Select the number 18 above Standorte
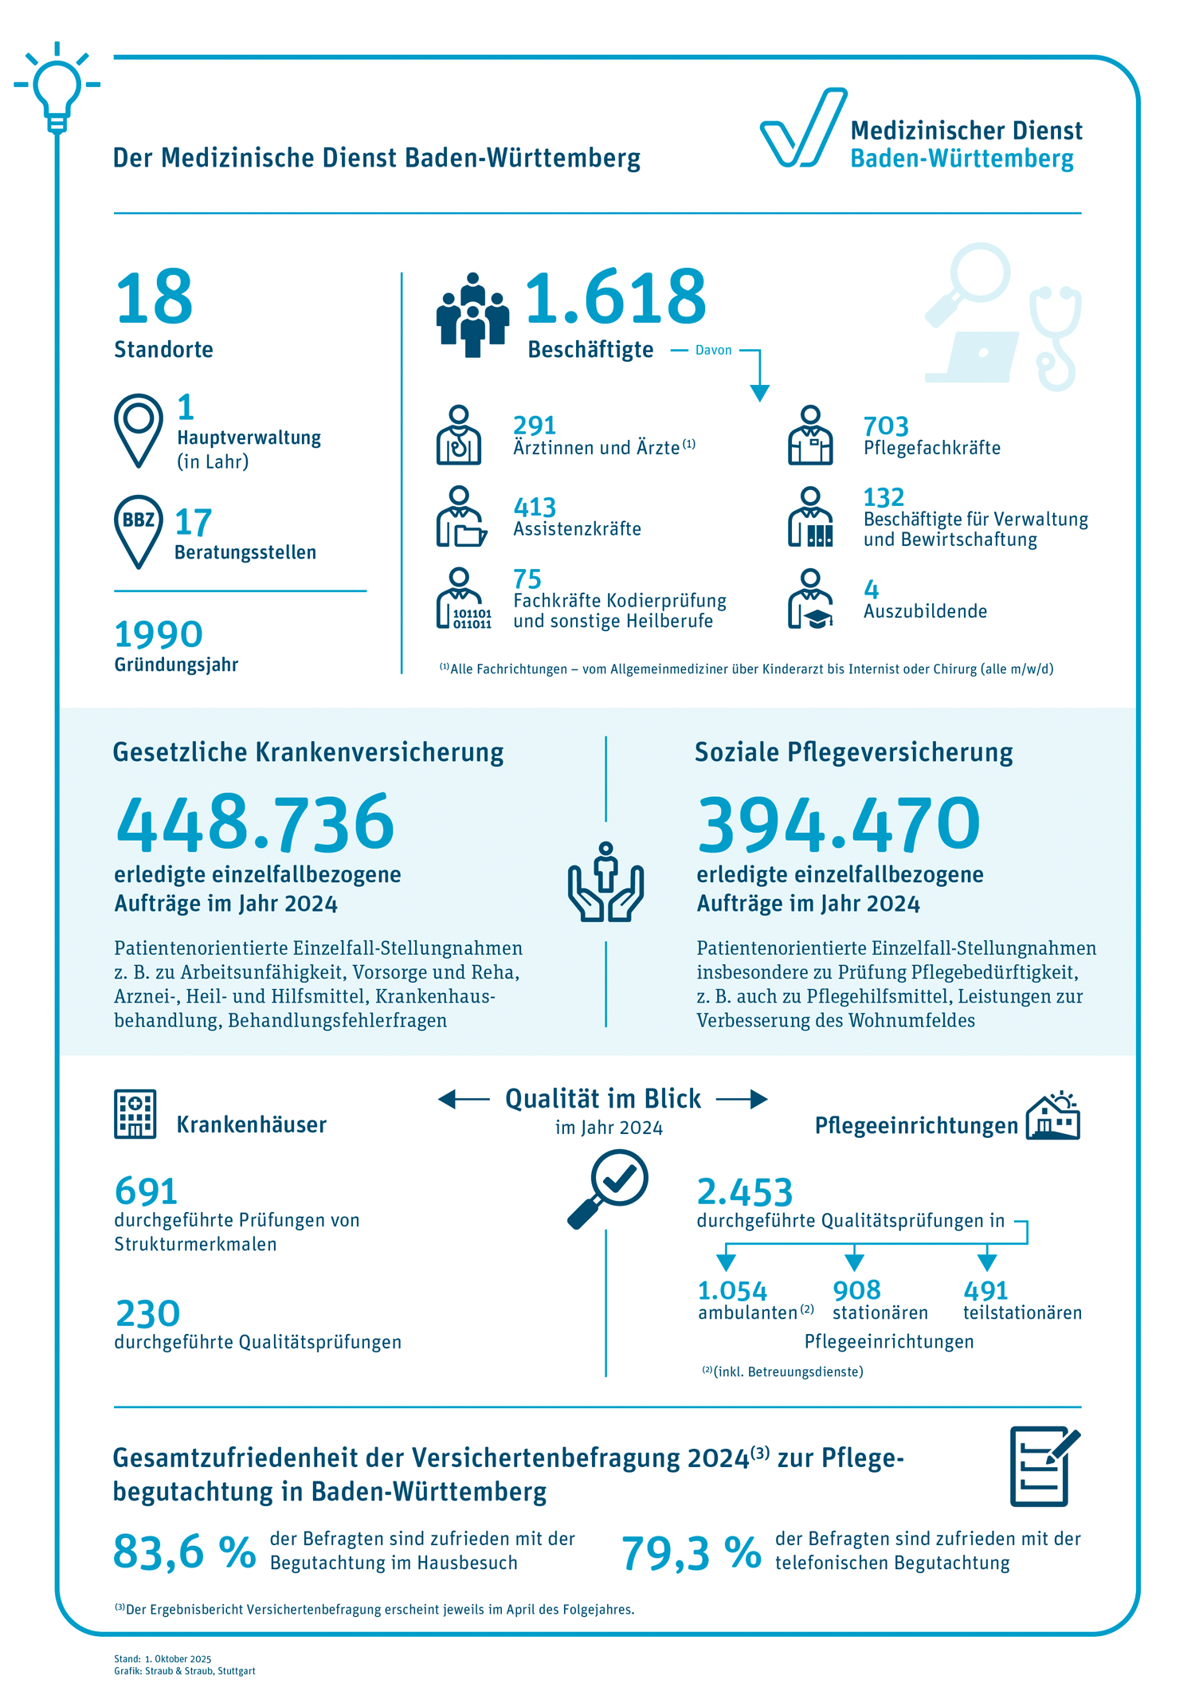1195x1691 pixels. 155,297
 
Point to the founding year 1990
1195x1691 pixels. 159,635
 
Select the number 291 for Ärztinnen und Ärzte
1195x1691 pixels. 534,426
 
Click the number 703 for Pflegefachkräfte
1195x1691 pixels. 885,426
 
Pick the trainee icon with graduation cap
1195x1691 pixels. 811,600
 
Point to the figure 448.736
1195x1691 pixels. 255,823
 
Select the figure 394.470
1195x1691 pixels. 838,824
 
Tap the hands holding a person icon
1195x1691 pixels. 606,883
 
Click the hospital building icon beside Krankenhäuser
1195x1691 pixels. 135,1114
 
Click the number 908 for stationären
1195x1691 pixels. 856,1290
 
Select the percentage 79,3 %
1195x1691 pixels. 691,1553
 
